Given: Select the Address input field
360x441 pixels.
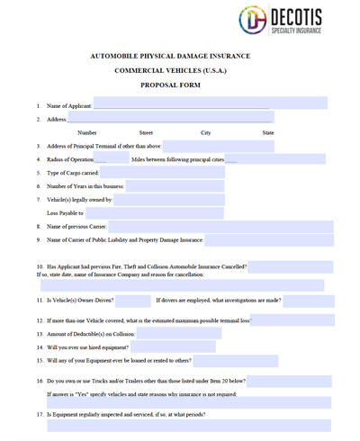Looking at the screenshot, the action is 171,118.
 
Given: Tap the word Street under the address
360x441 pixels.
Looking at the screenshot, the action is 146,132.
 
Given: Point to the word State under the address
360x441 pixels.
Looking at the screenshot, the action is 267,132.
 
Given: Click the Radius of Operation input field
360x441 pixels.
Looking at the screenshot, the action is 100,159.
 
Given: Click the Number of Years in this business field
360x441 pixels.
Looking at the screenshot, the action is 175,186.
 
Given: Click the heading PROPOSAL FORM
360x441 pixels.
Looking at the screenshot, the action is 170,85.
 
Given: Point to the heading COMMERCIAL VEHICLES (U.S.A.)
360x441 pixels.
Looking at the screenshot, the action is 170,69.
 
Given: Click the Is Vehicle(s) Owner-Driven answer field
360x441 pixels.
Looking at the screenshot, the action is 132,300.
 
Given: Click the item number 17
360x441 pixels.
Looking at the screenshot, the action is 40,414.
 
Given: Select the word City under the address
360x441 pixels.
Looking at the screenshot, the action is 205,132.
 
